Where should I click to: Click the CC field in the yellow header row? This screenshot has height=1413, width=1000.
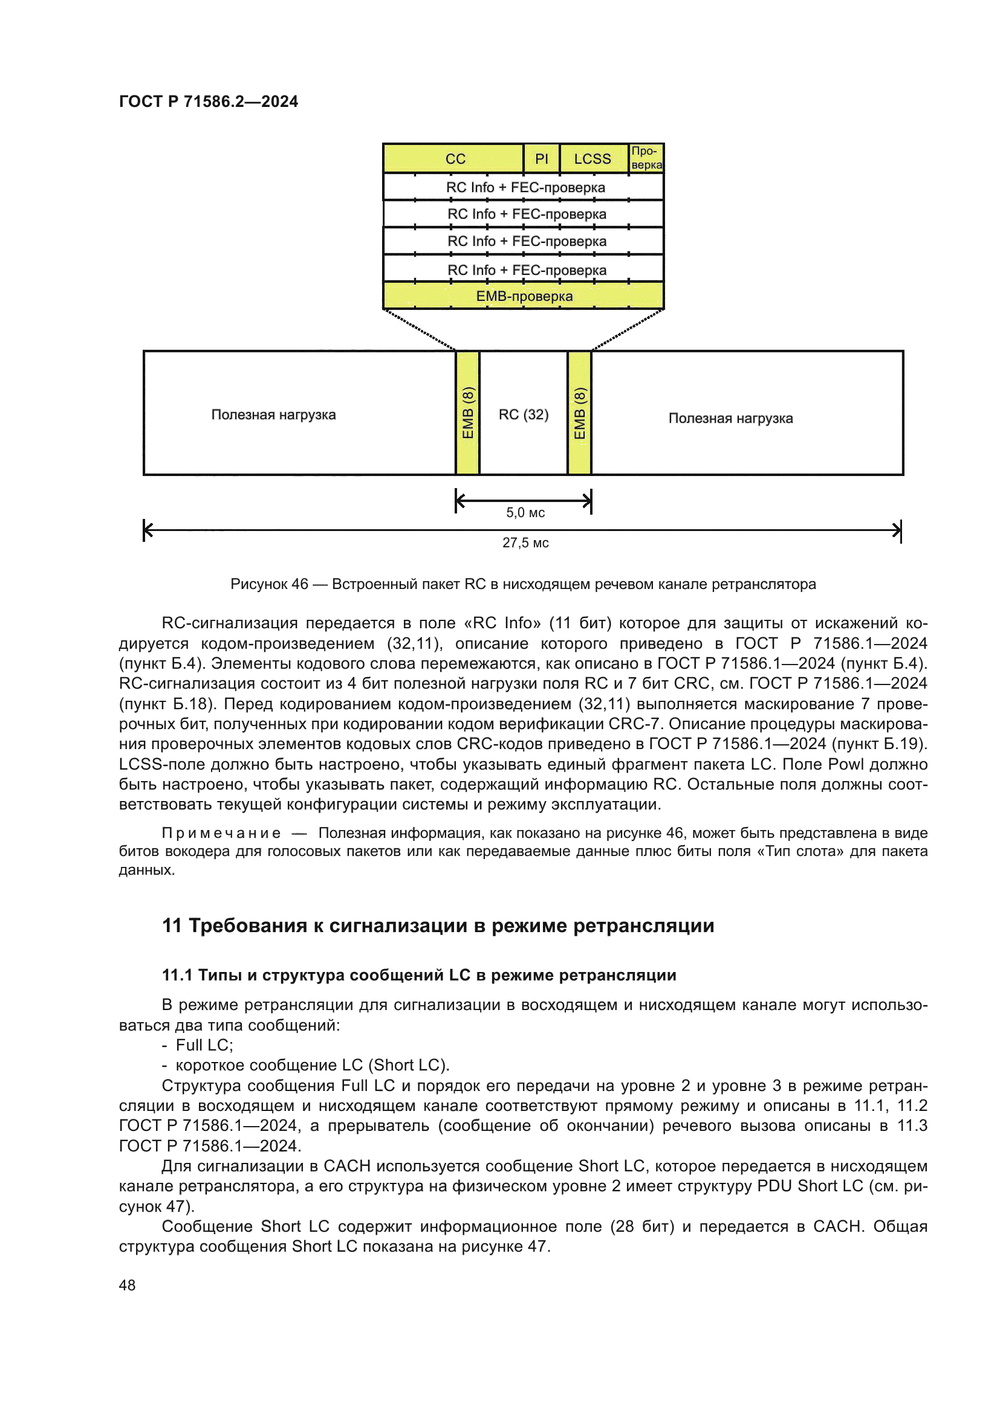tap(455, 159)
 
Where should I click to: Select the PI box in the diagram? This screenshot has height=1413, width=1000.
tap(541, 159)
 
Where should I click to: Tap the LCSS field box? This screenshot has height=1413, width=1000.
tap(593, 159)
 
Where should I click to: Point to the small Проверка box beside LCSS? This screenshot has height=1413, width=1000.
tap(646, 158)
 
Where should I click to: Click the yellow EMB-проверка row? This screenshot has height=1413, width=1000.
tap(524, 296)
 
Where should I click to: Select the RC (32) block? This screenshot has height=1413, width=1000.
tap(524, 414)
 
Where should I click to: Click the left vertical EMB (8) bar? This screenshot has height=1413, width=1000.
tap(468, 413)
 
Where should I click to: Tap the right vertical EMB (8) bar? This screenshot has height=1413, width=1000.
tap(579, 413)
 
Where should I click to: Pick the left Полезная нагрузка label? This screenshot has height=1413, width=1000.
tap(273, 415)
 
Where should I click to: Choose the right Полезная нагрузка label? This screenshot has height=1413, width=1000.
tap(730, 419)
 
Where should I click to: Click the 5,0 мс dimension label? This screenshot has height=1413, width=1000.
tap(525, 513)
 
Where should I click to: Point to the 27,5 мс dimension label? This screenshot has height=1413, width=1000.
tap(525, 543)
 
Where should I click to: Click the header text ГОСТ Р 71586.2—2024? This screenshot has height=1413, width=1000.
tap(208, 101)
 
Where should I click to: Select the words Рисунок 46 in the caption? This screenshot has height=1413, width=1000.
tap(269, 584)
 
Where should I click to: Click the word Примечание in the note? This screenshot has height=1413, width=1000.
tap(221, 833)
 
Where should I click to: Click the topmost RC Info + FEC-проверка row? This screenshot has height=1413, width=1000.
tap(525, 187)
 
